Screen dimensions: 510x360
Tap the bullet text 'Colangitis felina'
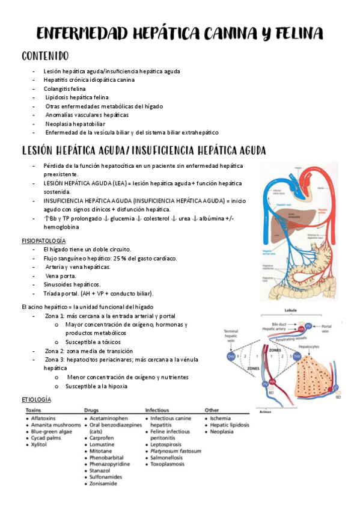(64, 88)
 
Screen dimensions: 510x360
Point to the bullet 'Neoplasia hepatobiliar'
(75, 123)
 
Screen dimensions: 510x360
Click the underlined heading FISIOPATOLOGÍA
(43, 241)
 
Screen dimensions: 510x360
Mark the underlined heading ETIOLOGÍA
(36, 399)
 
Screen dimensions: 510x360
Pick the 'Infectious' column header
(159, 410)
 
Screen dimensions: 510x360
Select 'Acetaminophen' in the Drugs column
(109, 417)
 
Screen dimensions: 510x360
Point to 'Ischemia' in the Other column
(221, 417)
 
